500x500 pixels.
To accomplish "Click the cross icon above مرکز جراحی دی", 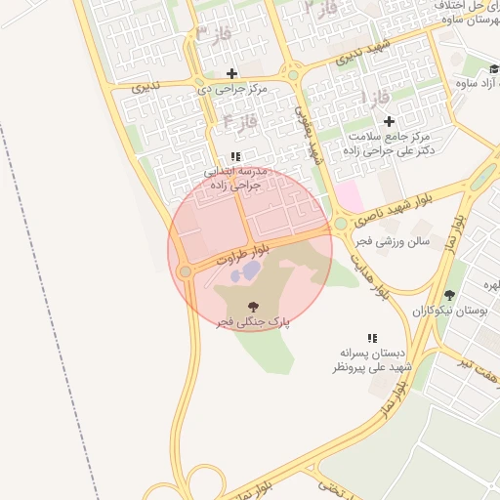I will (231, 73).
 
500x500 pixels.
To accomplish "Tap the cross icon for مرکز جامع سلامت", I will (389, 121).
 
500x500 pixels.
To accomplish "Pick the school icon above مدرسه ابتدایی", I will (235, 156).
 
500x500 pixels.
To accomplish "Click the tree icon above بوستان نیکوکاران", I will (449, 295).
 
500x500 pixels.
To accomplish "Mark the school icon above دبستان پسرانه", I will (371, 335).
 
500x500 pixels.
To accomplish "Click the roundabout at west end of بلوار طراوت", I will (185, 271).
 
